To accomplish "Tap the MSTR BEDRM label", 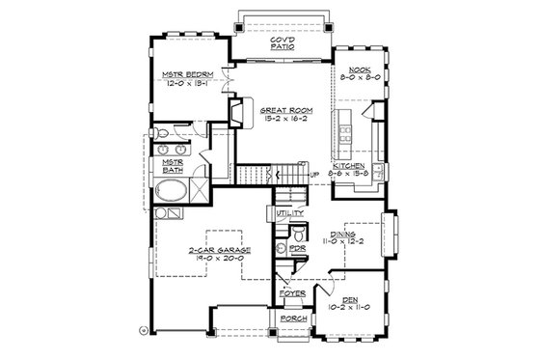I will [x=187, y=74].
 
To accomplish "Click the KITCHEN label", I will [x=350, y=165].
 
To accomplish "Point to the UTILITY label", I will [x=290, y=212].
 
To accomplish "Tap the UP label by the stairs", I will [x=313, y=174].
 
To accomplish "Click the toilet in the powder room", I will [x=282, y=248].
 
